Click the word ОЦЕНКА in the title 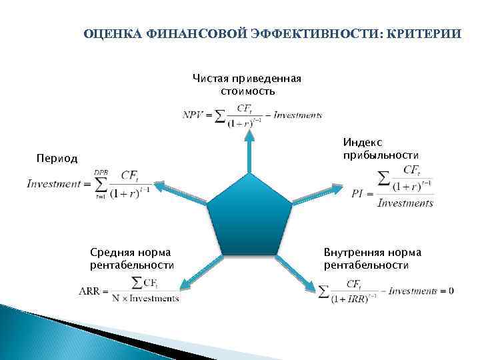109,33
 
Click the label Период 57,159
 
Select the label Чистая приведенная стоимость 247,85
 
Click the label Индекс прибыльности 381,148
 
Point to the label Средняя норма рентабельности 131,259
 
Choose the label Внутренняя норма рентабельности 372,259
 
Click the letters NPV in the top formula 193,115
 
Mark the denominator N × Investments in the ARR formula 145,299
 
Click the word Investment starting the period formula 53,183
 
